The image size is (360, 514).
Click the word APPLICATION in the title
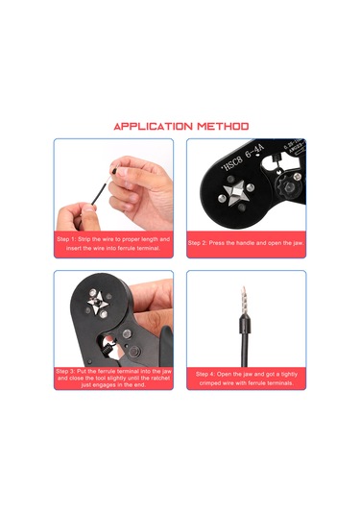[155, 126]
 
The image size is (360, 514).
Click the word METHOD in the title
[224, 126]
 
